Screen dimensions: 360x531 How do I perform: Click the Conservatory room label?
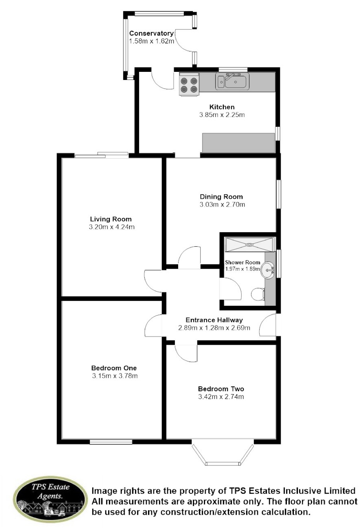tap(151, 33)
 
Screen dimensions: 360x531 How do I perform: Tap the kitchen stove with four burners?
tap(189, 84)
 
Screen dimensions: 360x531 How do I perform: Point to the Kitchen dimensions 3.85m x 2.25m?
tap(222, 115)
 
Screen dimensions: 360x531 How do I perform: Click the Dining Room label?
tap(221, 197)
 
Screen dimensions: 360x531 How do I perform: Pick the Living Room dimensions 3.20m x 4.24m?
tap(112, 227)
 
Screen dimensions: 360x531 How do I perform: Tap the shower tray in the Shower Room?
tap(250, 245)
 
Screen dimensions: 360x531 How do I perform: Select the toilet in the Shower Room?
tap(258, 294)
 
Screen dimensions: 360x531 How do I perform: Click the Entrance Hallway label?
tap(214, 320)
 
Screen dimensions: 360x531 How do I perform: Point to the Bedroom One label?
tap(114, 368)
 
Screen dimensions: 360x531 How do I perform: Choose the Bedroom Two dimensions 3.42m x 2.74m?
tap(221, 396)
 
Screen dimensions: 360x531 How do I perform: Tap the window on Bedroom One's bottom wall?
tap(111, 442)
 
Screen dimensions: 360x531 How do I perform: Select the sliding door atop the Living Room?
tap(102, 155)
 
